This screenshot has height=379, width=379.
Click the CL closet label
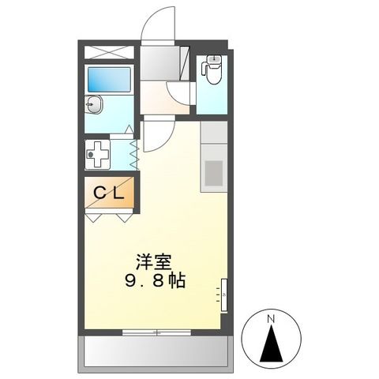(110, 193)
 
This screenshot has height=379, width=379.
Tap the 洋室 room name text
(154, 261)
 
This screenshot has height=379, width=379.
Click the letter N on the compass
(271, 319)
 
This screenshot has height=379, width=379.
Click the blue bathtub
(109, 80)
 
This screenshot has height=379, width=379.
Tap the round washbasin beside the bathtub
(94, 104)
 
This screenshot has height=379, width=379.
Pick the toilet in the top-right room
(211, 71)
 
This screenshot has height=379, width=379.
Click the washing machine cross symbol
(98, 153)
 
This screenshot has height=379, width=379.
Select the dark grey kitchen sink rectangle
(213, 172)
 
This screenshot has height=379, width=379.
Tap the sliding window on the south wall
(157, 332)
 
